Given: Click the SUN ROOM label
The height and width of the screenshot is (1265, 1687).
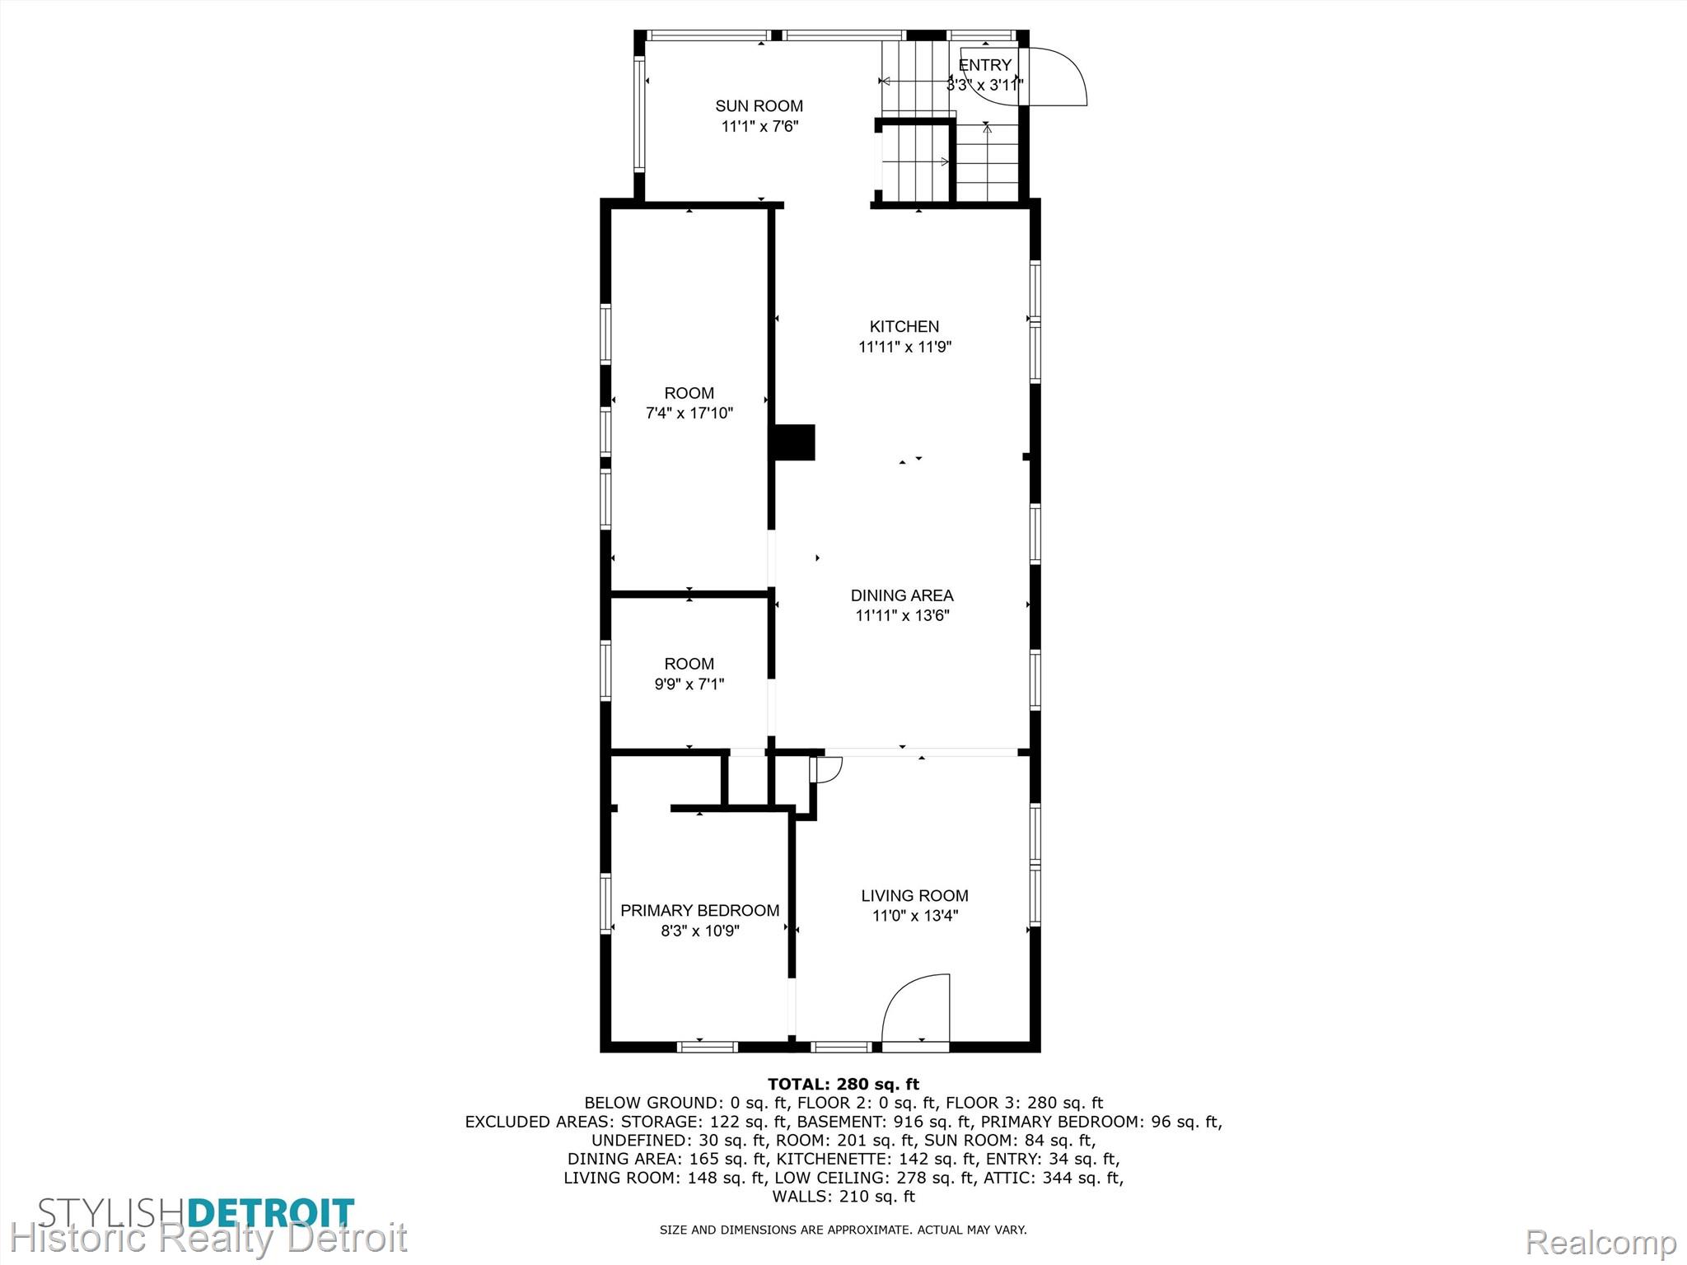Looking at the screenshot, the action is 759,105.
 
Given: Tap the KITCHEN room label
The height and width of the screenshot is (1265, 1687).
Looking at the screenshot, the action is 904,326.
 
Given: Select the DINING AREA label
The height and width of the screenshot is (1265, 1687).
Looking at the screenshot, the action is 902,595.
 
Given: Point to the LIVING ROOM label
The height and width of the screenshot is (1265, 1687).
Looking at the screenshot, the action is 914,895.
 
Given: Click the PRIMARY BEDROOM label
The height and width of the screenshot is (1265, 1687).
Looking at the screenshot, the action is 699,910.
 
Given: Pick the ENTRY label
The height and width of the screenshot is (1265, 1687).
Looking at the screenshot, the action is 985,65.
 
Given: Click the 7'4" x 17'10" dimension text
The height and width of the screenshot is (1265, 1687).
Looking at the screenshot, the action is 689,413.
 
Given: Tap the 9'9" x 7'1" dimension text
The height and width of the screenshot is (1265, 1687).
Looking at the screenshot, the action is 689,684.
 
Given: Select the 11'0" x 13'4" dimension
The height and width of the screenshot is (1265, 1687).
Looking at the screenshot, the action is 915,915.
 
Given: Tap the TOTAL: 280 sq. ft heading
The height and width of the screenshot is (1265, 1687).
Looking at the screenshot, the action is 843,1084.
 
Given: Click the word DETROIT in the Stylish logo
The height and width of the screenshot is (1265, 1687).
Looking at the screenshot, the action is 272,1213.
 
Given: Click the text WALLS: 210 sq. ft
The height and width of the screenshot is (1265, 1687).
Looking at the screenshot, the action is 843,1196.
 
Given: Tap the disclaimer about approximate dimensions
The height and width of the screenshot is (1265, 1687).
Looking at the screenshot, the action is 843,1230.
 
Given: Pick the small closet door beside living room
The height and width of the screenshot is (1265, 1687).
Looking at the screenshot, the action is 825,768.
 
